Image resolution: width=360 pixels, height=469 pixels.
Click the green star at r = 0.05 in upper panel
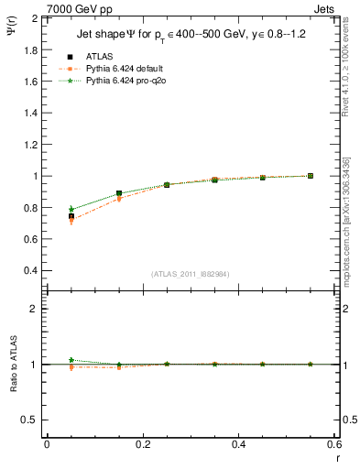point(71,209)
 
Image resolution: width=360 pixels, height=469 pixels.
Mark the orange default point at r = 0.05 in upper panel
point(71,221)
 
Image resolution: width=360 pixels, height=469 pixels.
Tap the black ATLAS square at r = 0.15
point(119,193)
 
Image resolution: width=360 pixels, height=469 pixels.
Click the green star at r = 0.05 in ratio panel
point(71,360)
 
